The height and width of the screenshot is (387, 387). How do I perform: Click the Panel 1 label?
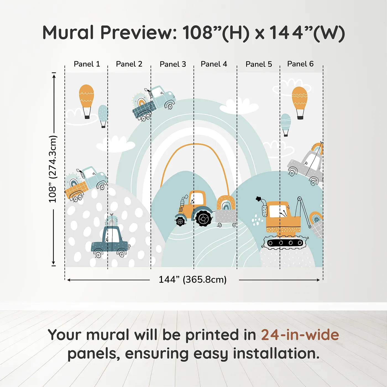click(x=87, y=64)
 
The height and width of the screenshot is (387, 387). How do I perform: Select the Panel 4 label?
click(x=214, y=64)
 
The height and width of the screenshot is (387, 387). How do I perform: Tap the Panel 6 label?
click(x=300, y=64)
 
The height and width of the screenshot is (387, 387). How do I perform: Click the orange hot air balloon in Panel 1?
click(x=86, y=101)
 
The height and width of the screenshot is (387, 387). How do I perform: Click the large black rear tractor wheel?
click(x=204, y=218)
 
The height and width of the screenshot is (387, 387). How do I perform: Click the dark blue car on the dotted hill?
click(x=110, y=241)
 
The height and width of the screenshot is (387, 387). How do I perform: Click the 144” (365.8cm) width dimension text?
click(x=193, y=279)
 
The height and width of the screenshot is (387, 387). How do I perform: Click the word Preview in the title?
click(x=139, y=33)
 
